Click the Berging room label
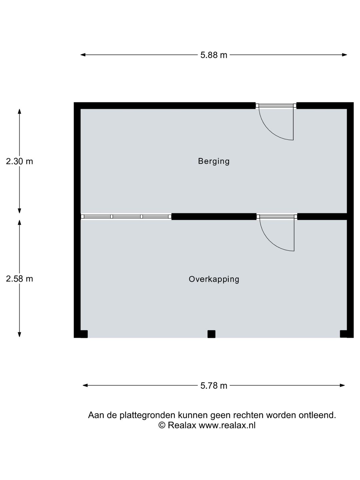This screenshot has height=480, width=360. click(x=214, y=161)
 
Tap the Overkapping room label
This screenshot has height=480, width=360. click(x=214, y=279)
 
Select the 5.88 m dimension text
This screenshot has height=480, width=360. click(x=214, y=55)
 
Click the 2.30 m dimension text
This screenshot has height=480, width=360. click(x=19, y=161)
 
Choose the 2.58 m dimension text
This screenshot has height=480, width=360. click(x=19, y=279)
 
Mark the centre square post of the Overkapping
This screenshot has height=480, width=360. click(x=211, y=334)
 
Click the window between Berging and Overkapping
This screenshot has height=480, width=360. click(x=126, y=216)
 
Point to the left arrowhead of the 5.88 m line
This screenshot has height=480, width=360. click(x=83, y=55)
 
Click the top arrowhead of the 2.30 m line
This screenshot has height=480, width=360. click(x=19, y=111)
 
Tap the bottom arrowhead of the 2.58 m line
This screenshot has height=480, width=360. click(x=19, y=334)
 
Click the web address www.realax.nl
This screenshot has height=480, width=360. click(x=227, y=425)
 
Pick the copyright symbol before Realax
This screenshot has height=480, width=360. click(x=162, y=425)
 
